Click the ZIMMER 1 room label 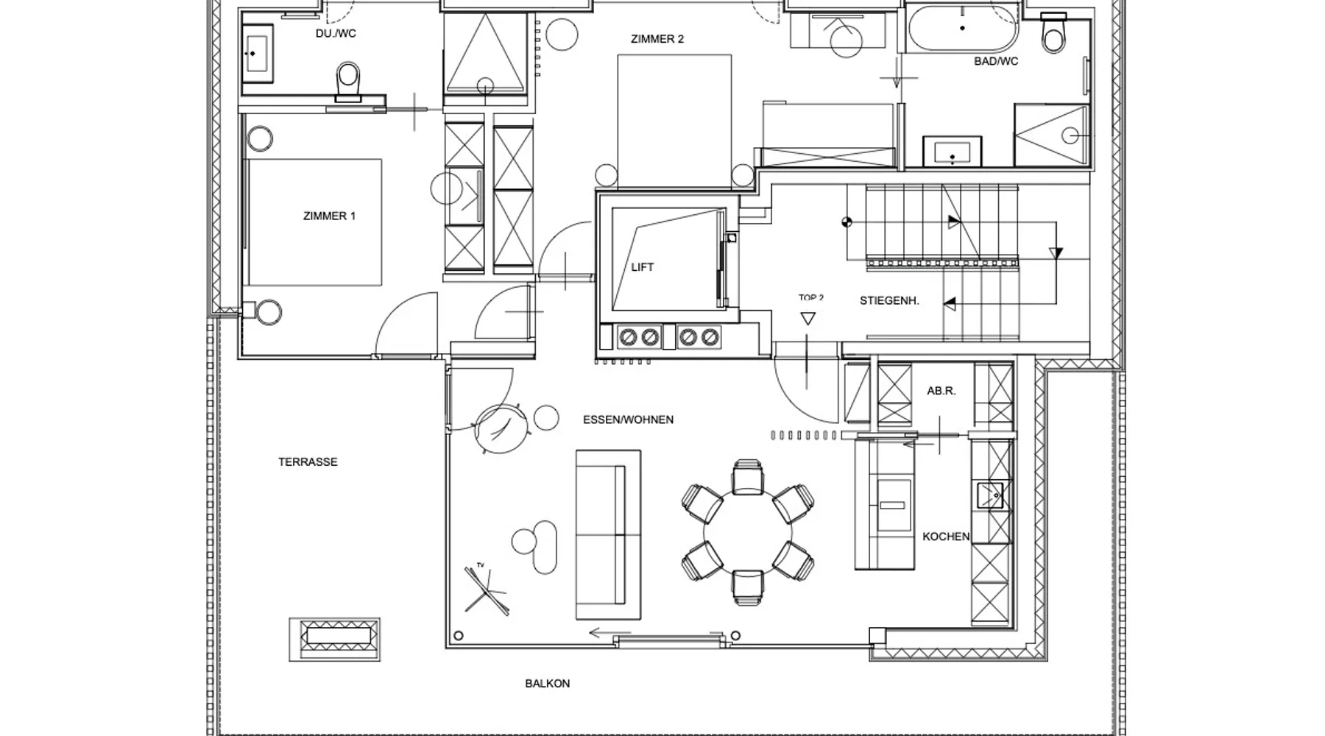tap(329, 216)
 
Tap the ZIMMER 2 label tap(657, 39)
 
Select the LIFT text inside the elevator tap(642, 267)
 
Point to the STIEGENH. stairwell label tap(889, 300)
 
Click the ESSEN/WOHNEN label tap(628, 420)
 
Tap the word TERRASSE tap(308, 462)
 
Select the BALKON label tap(547, 684)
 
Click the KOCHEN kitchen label tap(946, 537)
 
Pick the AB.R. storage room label tap(941, 391)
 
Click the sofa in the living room tap(608, 535)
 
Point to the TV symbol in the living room tap(486, 589)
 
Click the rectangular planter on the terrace tap(335, 639)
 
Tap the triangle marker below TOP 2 tap(808, 319)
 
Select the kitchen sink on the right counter tap(990, 495)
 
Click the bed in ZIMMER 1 tap(314, 222)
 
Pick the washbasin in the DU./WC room tap(257, 53)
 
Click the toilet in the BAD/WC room tap(1053, 33)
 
